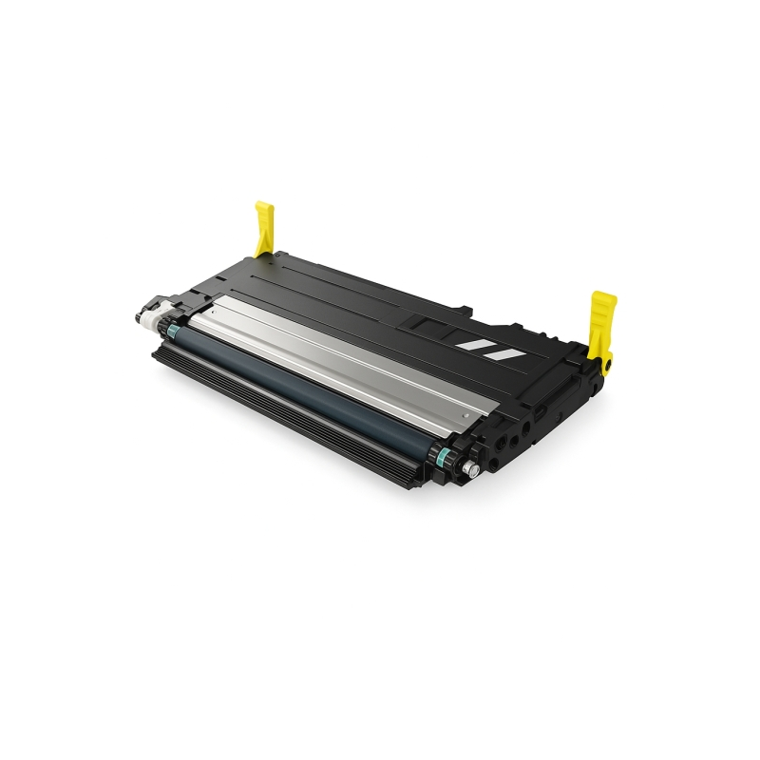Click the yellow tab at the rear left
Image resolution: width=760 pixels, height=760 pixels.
265,228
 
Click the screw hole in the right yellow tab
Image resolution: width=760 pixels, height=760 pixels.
607,360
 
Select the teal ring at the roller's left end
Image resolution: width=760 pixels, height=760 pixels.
172,331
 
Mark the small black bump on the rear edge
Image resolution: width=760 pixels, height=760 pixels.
467,308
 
